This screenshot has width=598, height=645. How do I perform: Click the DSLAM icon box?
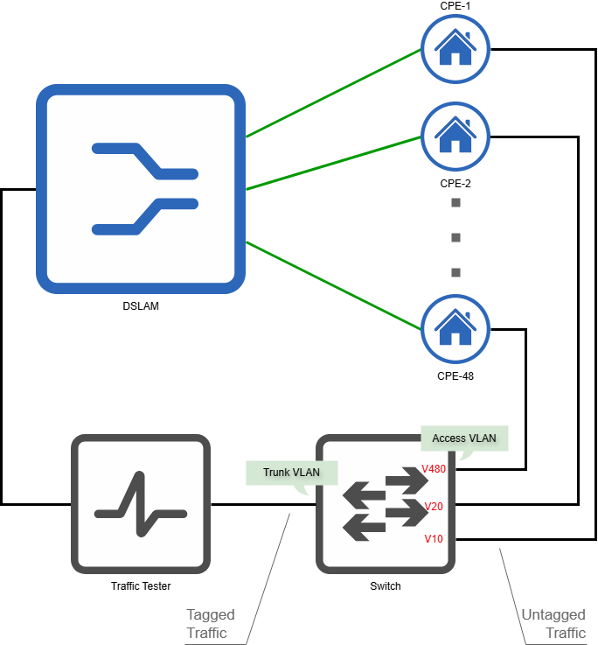(140, 189)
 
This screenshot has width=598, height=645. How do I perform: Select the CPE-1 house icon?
(455, 48)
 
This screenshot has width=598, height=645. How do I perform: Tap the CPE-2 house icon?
(455, 137)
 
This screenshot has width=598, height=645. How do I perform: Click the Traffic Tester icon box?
(140, 504)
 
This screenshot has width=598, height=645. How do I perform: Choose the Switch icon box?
(385, 504)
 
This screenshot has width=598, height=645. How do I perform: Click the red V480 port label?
(435, 469)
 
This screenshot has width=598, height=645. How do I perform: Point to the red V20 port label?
(434, 506)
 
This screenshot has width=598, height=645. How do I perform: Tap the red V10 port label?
(434, 539)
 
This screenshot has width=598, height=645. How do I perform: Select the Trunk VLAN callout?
(291, 473)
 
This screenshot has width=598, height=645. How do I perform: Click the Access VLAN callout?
(464, 438)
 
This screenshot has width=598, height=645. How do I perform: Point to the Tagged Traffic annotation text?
(210, 624)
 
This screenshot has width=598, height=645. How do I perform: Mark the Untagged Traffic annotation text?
(553, 624)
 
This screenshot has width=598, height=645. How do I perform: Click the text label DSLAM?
(141, 307)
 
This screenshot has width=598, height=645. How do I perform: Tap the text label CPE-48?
(455, 376)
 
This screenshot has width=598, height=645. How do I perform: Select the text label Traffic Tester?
(141, 586)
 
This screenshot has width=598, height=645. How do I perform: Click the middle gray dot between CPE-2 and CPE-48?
(455, 238)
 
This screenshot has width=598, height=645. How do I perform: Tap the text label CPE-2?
(455, 184)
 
